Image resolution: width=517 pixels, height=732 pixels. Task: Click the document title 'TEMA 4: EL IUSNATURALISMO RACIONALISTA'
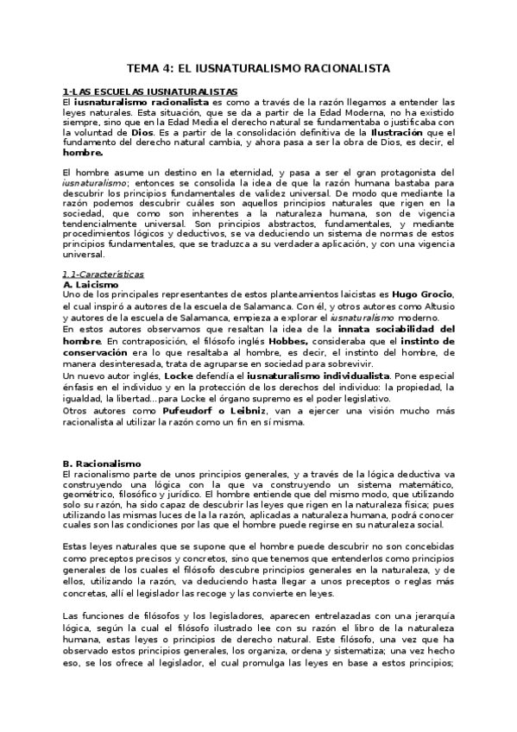[x=259, y=68]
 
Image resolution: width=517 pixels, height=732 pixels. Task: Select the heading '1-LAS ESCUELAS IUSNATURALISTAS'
[x=138, y=91]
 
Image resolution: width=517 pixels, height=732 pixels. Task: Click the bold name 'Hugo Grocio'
[x=423, y=295]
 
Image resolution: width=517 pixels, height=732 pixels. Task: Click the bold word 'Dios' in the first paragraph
[x=142, y=134]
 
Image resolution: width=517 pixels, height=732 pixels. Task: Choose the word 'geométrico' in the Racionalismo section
[x=90, y=497]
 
